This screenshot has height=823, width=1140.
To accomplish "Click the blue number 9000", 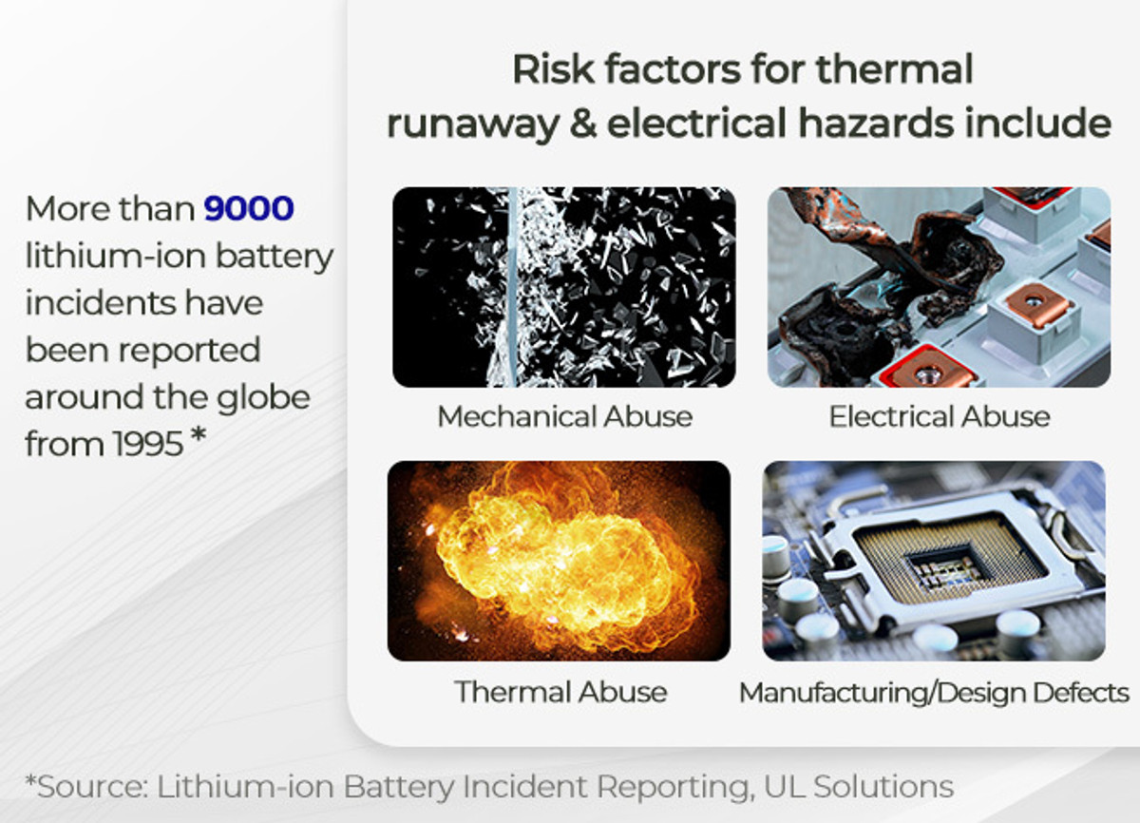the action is tap(249, 208).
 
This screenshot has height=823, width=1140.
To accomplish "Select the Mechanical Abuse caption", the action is tap(565, 416).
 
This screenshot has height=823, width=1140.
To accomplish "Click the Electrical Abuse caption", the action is tap(940, 416).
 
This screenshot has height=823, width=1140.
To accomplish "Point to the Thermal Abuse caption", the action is tap(560, 692).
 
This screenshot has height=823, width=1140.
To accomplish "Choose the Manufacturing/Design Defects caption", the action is tap(934, 693).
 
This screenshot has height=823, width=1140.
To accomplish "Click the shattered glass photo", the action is tap(564, 287).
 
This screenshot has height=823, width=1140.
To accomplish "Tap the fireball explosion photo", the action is tap(559, 561).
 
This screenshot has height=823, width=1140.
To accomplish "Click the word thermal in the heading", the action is tap(894, 68).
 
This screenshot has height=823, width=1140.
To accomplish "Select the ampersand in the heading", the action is tap(583, 124).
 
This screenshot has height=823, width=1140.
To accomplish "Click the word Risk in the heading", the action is tap(553, 68).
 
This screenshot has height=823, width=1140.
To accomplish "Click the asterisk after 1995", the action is tap(198, 434).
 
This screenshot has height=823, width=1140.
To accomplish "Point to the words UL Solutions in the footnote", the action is tap(859, 787).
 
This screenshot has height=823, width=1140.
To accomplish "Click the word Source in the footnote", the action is tap(90, 787).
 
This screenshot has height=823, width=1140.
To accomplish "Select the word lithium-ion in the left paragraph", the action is tap(116, 256).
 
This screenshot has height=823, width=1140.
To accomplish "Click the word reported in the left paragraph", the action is tap(189, 352).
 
